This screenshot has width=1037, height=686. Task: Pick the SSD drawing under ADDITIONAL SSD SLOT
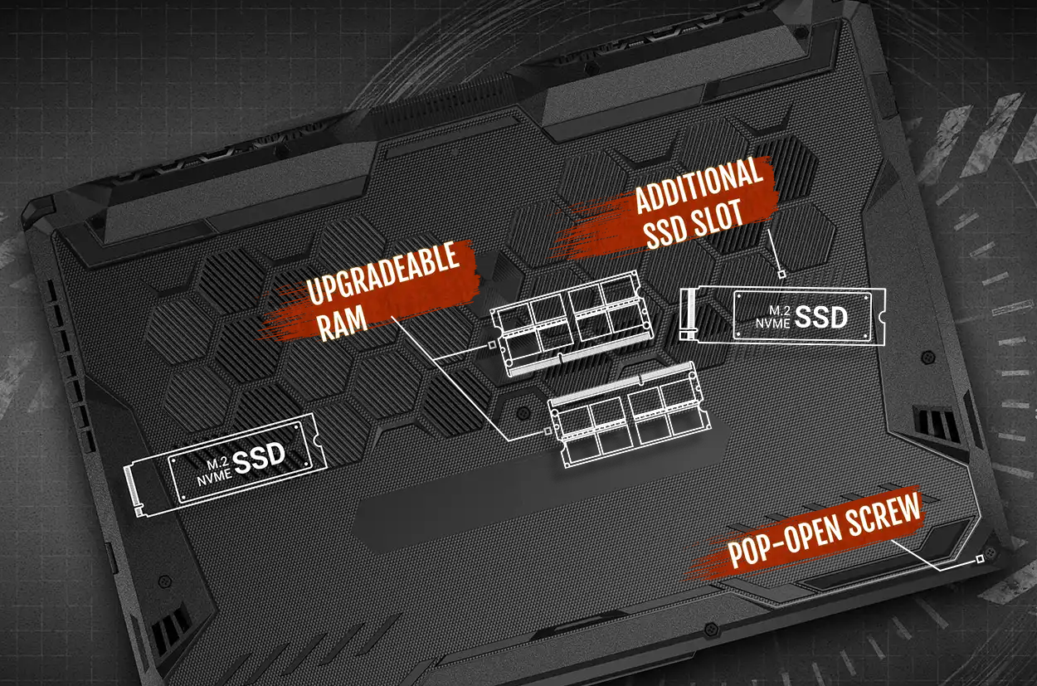click(x=783, y=316)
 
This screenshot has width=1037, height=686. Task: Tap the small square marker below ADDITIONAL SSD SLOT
click(x=781, y=275)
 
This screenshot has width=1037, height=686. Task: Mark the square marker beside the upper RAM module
click(x=491, y=344)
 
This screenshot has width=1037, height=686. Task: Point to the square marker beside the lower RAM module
click(x=548, y=431)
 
